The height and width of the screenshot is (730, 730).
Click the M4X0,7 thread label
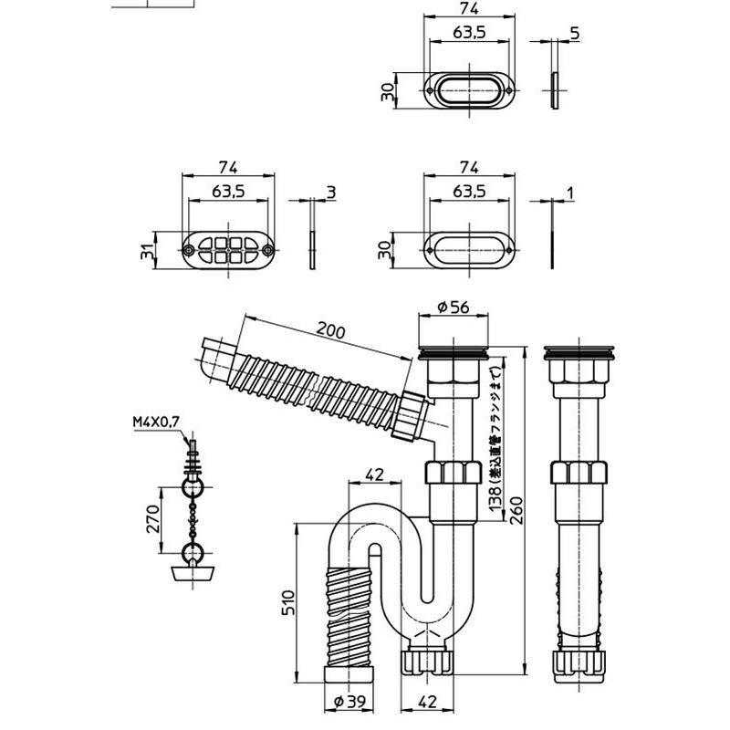pos(156,422)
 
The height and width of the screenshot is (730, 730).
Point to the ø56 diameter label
pos(454,308)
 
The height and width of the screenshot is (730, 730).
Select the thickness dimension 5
pos(573,34)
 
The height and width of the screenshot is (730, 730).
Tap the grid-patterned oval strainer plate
pos(227,249)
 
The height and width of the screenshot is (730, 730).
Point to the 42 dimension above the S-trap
pos(373,474)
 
